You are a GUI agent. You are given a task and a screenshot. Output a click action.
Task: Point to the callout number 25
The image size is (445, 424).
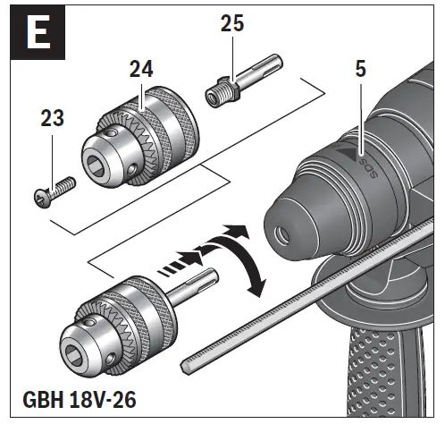(233, 24)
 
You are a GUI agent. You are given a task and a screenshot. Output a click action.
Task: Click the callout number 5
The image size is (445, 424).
(360, 68)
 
